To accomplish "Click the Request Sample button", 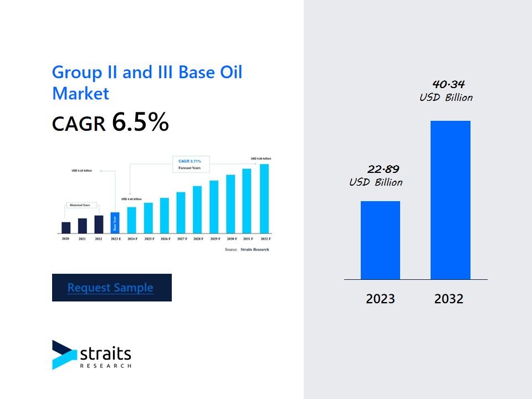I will [111, 288].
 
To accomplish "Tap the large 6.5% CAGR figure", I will [140, 122].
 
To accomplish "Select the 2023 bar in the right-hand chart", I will [380, 240].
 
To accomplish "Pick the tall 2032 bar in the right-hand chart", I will [450, 199].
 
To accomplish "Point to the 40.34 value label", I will [448, 84].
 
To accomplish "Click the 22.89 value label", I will [383, 169].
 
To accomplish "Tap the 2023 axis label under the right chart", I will [380, 299].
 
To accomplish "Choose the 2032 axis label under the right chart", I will [449, 299].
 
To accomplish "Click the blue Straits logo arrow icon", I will [64, 355].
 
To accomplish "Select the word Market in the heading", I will [81, 93].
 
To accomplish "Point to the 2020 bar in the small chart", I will [66, 227].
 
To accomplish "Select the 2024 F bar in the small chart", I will [131, 219].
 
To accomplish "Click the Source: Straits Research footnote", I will [247, 250].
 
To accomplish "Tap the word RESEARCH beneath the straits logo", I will [105, 366].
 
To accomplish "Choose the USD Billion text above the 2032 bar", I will [446, 98].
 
